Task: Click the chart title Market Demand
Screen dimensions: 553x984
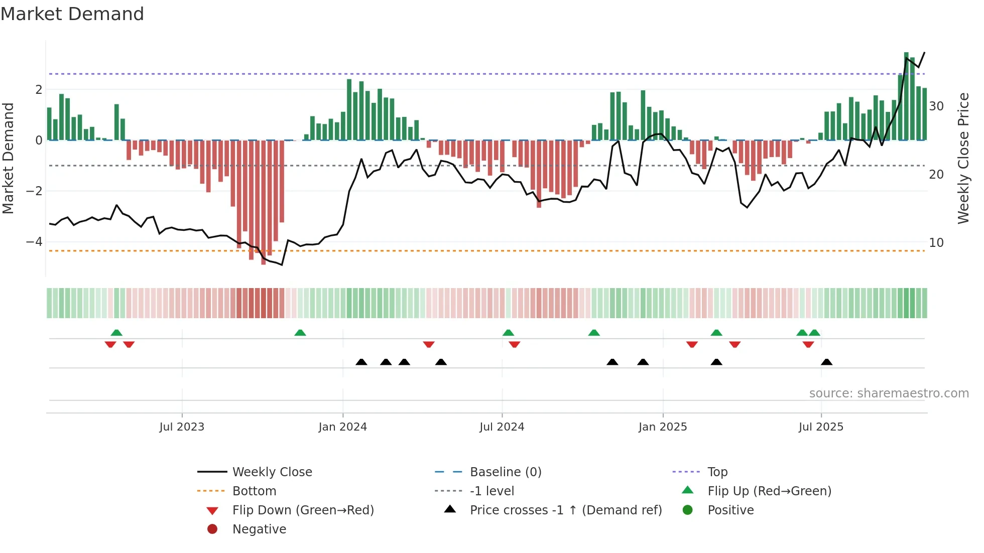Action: [72, 14]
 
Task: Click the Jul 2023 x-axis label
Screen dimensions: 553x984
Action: [182, 427]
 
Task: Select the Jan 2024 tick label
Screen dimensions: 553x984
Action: [343, 427]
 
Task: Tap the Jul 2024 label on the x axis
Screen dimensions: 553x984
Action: [502, 427]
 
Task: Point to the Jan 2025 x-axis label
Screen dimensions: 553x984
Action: [663, 427]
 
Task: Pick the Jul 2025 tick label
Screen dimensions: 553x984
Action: [821, 427]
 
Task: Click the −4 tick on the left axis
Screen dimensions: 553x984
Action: [34, 242]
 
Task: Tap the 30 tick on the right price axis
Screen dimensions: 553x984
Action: [936, 106]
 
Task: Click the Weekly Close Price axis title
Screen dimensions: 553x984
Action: [963, 158]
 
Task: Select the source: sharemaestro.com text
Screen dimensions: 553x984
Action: [889, 393]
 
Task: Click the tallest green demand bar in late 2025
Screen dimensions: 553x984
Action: [906, 95]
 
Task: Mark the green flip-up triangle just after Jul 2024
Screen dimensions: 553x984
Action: [508, 333]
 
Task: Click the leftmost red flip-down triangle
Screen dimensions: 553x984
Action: [110, 344]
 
